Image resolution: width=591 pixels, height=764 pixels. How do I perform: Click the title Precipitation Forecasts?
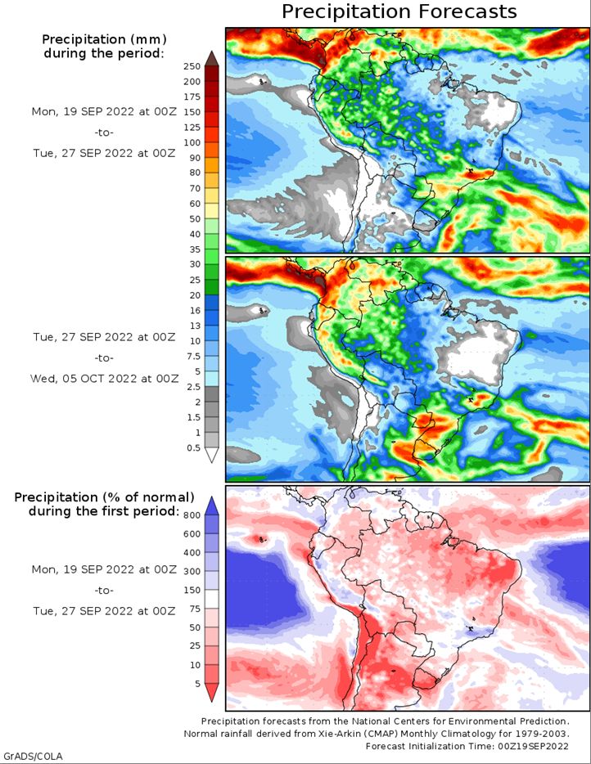(x=399, y=11)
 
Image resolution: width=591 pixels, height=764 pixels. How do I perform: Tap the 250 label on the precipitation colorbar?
(x=192, y=66)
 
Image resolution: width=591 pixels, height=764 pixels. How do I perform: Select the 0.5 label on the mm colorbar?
(x=193, y=447)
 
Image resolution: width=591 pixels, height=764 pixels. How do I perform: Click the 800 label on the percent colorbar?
(x=192, y=515)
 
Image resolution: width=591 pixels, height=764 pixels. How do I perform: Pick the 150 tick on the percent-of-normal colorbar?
(x=192, y=590)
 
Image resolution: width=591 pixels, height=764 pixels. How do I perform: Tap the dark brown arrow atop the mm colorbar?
(x=212, y=58)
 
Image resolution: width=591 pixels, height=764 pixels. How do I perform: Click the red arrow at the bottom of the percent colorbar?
(x=212, y=692)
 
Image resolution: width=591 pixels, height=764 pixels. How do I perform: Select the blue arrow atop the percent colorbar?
(x=212, y=506)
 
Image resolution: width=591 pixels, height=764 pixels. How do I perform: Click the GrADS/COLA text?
(x=32, y=757)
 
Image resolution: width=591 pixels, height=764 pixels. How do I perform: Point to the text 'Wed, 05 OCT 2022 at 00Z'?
(x=104, y=379)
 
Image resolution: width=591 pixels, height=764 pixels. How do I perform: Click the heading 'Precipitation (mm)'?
(x=104, y=39)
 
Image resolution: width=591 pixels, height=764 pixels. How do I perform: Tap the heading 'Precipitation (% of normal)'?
(x=104, y=497)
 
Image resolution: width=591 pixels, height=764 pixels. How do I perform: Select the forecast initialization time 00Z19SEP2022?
(x=533, y=746)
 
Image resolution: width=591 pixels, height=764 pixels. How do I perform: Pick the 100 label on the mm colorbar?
(x=192, y=142)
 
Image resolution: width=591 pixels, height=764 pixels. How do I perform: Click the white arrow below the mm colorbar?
(x=212, y=455)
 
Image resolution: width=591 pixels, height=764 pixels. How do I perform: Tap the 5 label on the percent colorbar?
(x=197, y=684)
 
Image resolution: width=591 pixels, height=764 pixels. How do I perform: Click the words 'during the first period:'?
(x=104, y=511)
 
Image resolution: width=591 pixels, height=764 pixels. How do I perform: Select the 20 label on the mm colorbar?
(x=195, y=295)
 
